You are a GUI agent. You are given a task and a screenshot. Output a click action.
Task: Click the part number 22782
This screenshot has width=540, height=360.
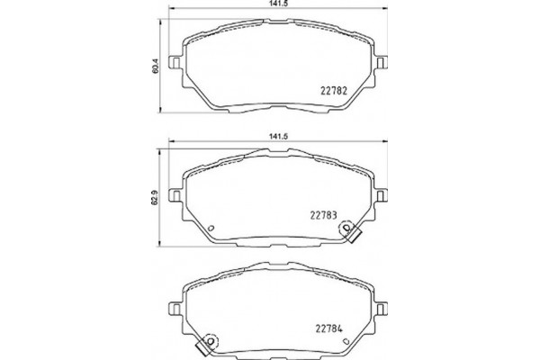334,89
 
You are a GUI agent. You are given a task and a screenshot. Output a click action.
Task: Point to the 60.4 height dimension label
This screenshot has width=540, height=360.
157,67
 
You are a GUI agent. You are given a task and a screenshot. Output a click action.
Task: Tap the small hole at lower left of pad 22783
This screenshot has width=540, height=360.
209,228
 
